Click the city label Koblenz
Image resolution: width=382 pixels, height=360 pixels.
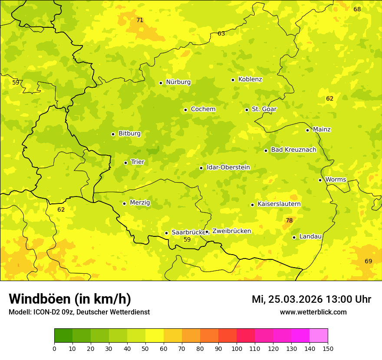pyautogui.click(x=250, y=79)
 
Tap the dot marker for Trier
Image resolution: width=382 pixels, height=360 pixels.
pyautogui.click(x=126, y=163)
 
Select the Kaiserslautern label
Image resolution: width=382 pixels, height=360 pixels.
pyautogui.click(x=279, y=204)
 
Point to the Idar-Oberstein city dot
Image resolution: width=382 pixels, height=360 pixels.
pyautogui.click(x=201, y=168)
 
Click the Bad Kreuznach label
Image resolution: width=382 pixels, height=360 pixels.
pyautogui.click(x=293, y=150)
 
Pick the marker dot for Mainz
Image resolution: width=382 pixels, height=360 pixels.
pyautogui.click(x=307, y=130)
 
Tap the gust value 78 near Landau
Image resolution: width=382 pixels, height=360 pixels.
pyautogui.click(x=289, y=220)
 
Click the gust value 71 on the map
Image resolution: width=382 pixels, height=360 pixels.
pyautogui.click(x=140, y=20)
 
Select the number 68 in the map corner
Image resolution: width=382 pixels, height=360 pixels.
pyautogui.click(x=357, y=9)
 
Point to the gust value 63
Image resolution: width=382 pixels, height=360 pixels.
pyautogui.click(x=221, y=33)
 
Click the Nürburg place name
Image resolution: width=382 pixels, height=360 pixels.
pyautogui.click(x=178, y=82)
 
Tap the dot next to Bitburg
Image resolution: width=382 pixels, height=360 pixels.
pyautogui.click(x=113, y=134)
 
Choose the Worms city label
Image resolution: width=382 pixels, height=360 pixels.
pyautogui.click(x=336, y=180)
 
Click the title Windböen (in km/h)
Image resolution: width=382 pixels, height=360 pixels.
pyautogui.click(x=70, y=299)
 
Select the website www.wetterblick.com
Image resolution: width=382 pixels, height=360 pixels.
pyautogui.click(x=313, y=312)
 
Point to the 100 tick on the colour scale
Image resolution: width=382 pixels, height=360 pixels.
pyautogui.click(x=237, y=348)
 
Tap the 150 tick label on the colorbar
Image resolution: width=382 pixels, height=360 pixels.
pyautogui.click(x=328, y=348)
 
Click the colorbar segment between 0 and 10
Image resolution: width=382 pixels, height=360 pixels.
pyautogui.click(x=63, y=335)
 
